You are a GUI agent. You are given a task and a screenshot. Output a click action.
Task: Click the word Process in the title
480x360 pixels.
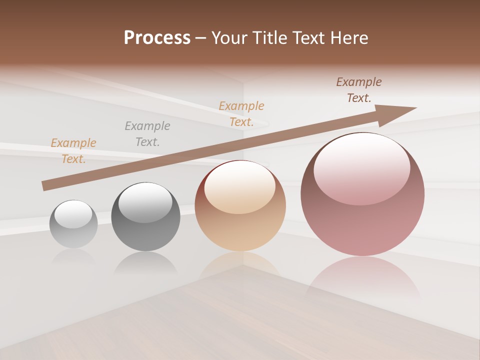(157, 38)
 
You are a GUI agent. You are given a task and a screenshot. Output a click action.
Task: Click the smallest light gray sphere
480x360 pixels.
(73, 225)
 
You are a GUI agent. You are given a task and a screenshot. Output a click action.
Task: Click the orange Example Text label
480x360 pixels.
(73, 150)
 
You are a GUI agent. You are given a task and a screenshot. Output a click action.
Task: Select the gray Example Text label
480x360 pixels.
(147, 133)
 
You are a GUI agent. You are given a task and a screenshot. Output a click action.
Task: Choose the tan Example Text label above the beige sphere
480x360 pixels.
(241, 113)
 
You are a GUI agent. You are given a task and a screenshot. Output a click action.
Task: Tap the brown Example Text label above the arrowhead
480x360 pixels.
(359, 90)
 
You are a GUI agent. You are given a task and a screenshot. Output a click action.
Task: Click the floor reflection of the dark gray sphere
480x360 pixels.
(145, 262)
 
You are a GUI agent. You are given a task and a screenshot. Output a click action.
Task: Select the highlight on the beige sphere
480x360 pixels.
(240, 186)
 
